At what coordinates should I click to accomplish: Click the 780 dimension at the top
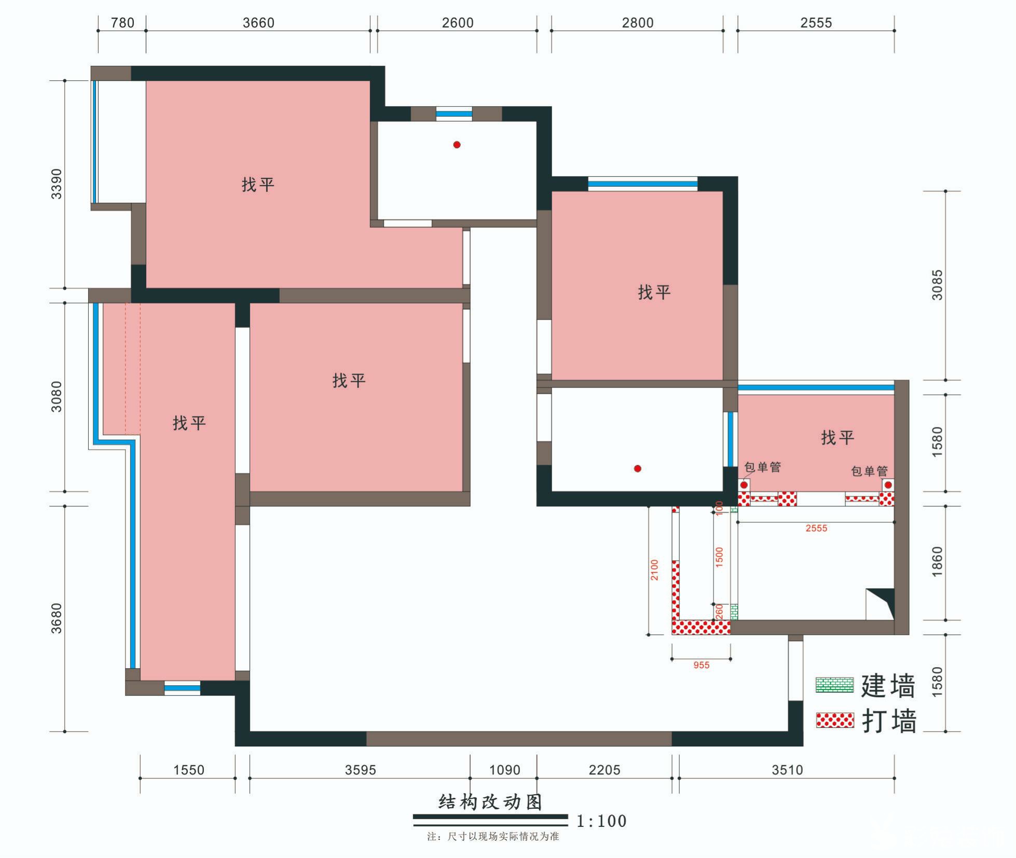122,23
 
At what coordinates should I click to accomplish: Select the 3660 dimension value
258,23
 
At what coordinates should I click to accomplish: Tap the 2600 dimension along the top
458,23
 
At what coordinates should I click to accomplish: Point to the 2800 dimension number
638,23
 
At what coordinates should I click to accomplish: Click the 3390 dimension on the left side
56,184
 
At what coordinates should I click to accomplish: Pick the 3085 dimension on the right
937,285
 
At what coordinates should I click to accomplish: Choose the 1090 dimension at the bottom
504,770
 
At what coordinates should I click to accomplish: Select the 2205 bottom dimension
605,770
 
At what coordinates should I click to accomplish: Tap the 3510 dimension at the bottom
787,770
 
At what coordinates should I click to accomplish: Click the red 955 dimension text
701,665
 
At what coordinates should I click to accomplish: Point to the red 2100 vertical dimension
654,570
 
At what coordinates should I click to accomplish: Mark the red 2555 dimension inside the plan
816,528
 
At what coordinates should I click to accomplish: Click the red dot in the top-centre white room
457,145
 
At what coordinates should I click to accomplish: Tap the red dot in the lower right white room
638,468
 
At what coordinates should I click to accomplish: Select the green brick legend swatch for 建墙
834,685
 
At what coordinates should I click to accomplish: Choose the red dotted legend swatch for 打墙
835,720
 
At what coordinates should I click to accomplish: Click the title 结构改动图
490,802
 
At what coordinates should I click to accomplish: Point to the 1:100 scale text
602,821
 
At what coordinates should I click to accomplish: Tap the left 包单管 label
762,467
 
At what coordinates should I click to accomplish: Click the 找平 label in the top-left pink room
258,185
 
